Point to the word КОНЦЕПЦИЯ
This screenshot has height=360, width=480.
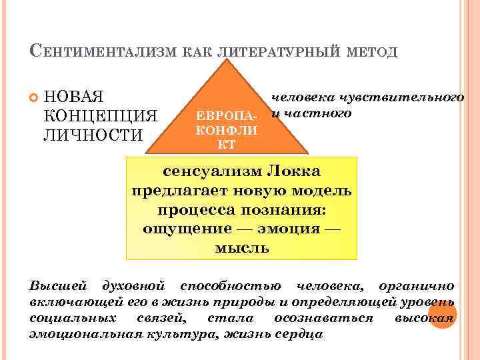tap(100, 115)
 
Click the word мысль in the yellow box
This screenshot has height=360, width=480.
tap(242, 248)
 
